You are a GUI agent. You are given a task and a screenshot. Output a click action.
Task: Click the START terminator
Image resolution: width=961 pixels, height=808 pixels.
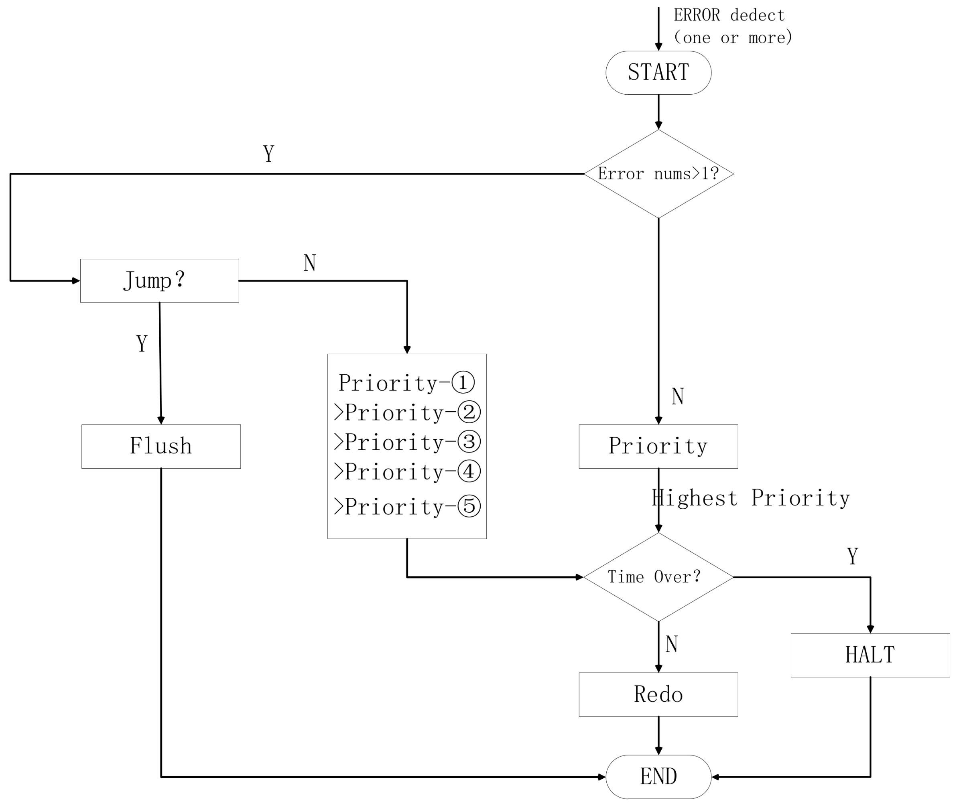click(658, 73)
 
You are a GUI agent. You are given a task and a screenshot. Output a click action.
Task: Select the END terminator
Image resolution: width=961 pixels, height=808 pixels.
click(658, 776)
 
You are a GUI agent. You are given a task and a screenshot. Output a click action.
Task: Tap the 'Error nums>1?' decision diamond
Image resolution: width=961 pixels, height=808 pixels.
click(658, 174)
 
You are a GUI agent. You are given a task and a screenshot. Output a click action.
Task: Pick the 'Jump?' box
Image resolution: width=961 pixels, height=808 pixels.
click(159, 280)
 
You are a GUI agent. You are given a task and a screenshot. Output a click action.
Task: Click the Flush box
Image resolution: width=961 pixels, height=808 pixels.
click(161, 446)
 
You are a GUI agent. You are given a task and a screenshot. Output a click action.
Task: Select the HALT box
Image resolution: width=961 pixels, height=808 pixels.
click(870, 655)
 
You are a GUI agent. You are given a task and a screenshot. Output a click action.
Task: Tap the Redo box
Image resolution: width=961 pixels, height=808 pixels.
click(658, 694)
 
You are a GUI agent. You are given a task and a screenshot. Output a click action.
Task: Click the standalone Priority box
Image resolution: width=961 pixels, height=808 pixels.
click(658, 446)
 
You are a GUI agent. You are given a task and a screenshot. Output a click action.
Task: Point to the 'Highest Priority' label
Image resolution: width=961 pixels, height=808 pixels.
click(750, 498)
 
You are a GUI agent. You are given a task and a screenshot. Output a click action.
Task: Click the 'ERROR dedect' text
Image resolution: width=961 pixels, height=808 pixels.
click(729, 16)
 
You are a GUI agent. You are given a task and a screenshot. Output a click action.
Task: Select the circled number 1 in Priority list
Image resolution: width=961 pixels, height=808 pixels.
click(463, 382)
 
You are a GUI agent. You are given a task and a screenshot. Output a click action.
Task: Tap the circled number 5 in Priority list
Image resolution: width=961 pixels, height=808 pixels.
click(469, 506)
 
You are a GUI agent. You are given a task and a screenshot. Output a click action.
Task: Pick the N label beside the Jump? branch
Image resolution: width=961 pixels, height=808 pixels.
click(310, 263)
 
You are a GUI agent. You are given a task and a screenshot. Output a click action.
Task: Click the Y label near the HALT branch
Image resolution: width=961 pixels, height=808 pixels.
click(852, 556)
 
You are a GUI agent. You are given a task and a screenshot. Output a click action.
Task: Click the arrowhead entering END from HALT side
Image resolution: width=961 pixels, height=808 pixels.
click(715, 777)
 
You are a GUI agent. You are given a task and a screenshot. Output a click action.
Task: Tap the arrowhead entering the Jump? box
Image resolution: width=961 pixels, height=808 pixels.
click(76, 281)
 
